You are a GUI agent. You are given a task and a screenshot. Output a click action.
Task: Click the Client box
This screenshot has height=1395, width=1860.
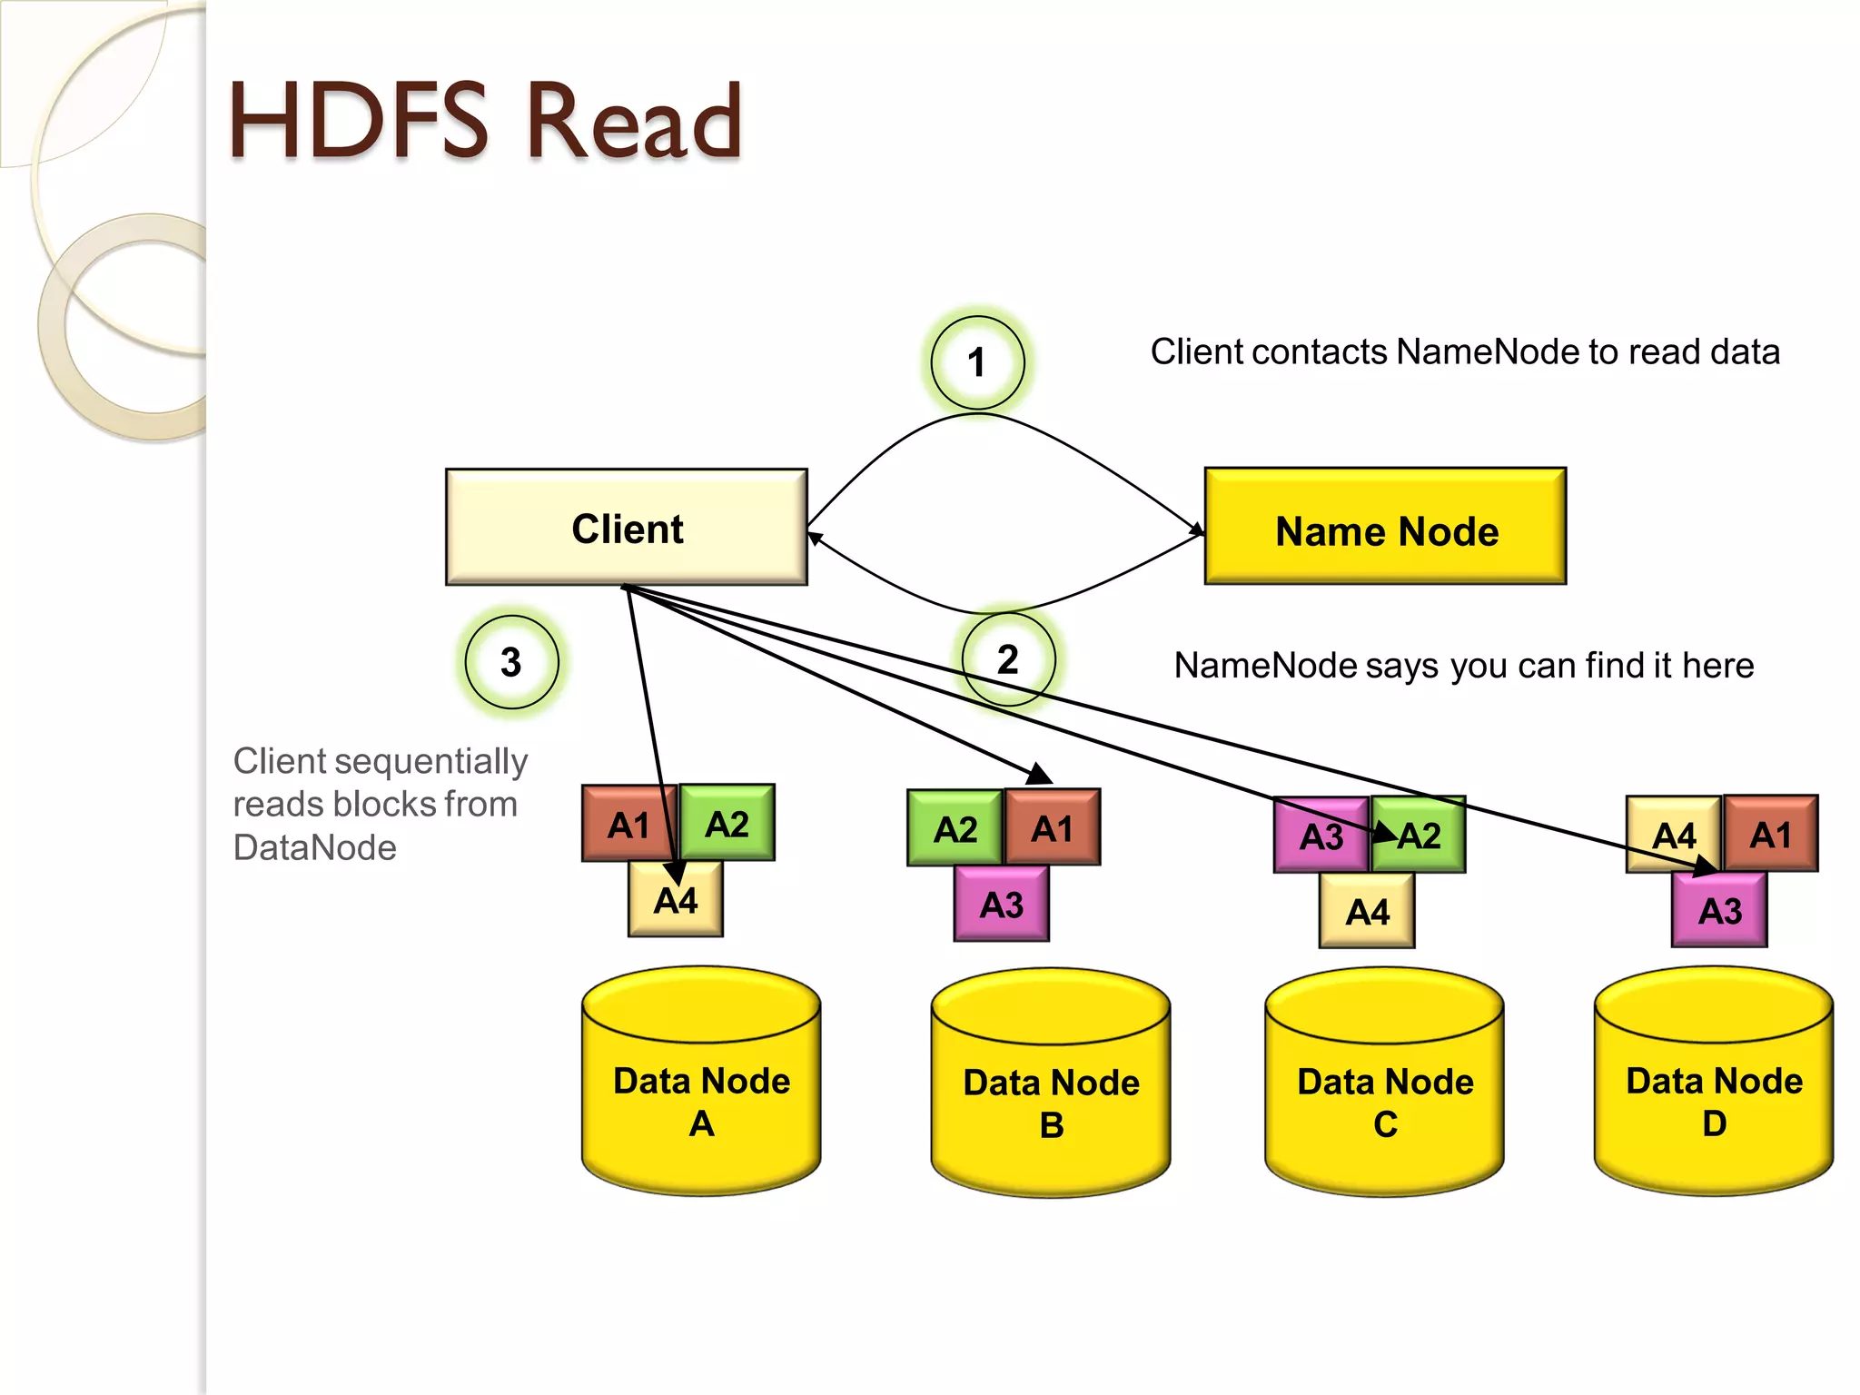[626, 527]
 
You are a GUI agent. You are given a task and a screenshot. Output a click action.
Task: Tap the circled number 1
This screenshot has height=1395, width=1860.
[977, 362]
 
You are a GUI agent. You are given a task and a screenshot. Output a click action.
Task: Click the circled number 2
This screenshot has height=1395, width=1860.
[1008, 659]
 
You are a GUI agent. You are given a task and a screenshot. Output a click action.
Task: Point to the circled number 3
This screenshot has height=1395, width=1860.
[511, 662]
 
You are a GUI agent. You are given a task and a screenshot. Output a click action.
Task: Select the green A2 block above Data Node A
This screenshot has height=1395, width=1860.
[727, 823]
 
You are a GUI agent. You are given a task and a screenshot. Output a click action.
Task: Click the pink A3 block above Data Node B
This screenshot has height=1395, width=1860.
[1002, 904]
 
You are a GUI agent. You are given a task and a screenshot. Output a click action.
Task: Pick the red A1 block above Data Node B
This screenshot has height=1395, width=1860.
[1053, 827]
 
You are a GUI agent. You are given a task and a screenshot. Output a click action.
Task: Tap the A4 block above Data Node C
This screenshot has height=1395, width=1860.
[1367, 911]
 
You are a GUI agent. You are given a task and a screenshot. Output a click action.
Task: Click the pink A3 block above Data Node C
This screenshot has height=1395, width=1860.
[1321, 836]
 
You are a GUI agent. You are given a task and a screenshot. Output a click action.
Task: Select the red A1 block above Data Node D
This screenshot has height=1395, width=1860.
[1771, 834]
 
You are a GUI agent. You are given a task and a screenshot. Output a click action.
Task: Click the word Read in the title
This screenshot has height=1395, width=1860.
[634, 122]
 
